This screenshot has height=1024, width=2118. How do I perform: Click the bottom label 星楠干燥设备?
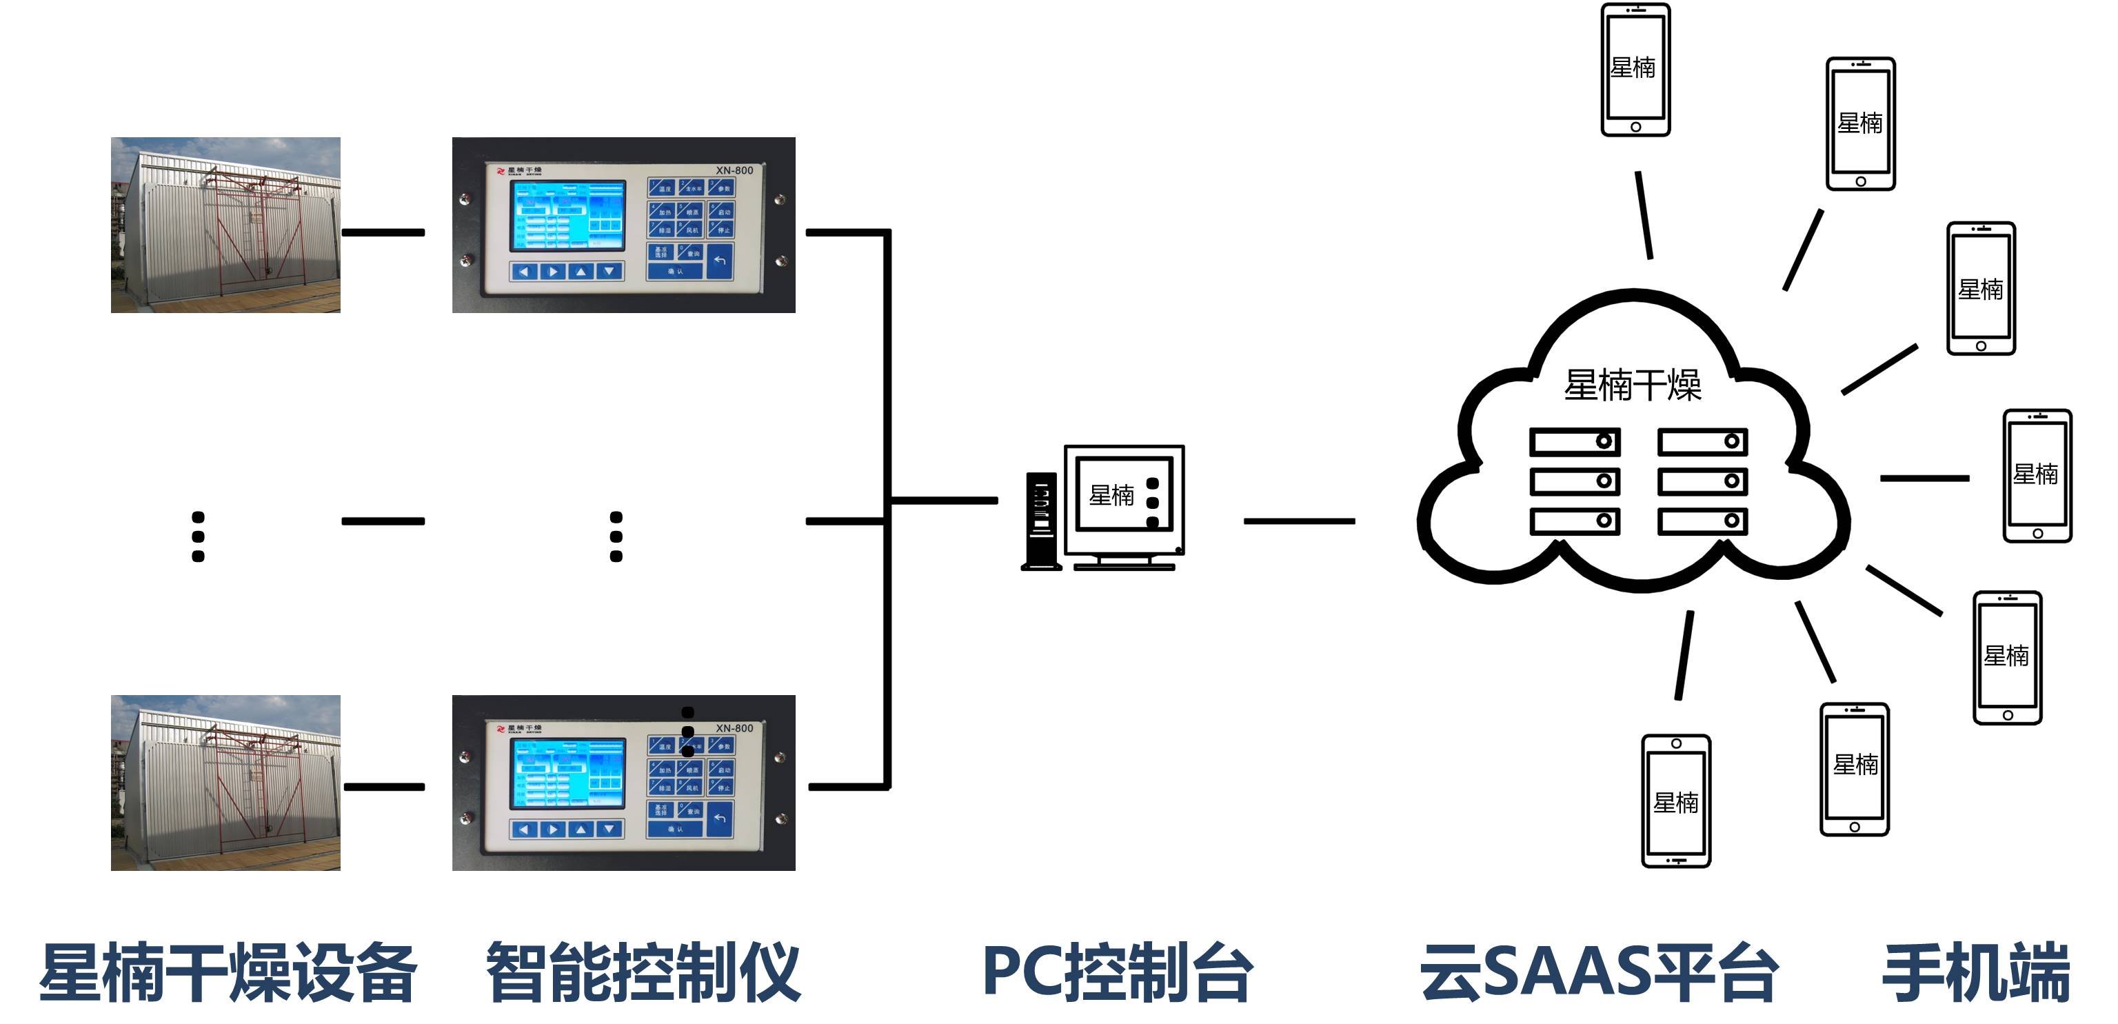[x=228, y=973]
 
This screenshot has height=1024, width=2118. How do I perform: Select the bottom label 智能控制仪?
[x=643, y=973]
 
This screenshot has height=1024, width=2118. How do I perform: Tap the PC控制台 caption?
[x=1118, y=973]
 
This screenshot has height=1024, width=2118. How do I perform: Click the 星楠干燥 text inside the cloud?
[x=1632, y=385]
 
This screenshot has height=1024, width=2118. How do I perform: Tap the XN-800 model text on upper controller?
[x=734, y=170]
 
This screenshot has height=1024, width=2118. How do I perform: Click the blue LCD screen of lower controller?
[x=567, y=773]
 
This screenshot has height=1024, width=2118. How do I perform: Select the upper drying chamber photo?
[x=225, y=225]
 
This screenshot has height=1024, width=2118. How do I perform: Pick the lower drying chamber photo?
[x=225, y=782]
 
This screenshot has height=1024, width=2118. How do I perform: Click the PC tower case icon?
[x=1041, y=521]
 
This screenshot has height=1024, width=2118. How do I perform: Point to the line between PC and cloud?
[x=1298, y=521]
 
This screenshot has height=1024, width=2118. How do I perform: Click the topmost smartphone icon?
[x=1635, y=70]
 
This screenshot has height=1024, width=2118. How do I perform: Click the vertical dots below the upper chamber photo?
[x=198, y=536]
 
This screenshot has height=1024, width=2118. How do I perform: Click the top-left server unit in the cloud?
[x=1574, y=442]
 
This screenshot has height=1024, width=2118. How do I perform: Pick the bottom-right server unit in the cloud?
[x=1702, y=521]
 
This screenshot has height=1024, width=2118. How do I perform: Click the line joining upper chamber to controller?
[x=383, y=233]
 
